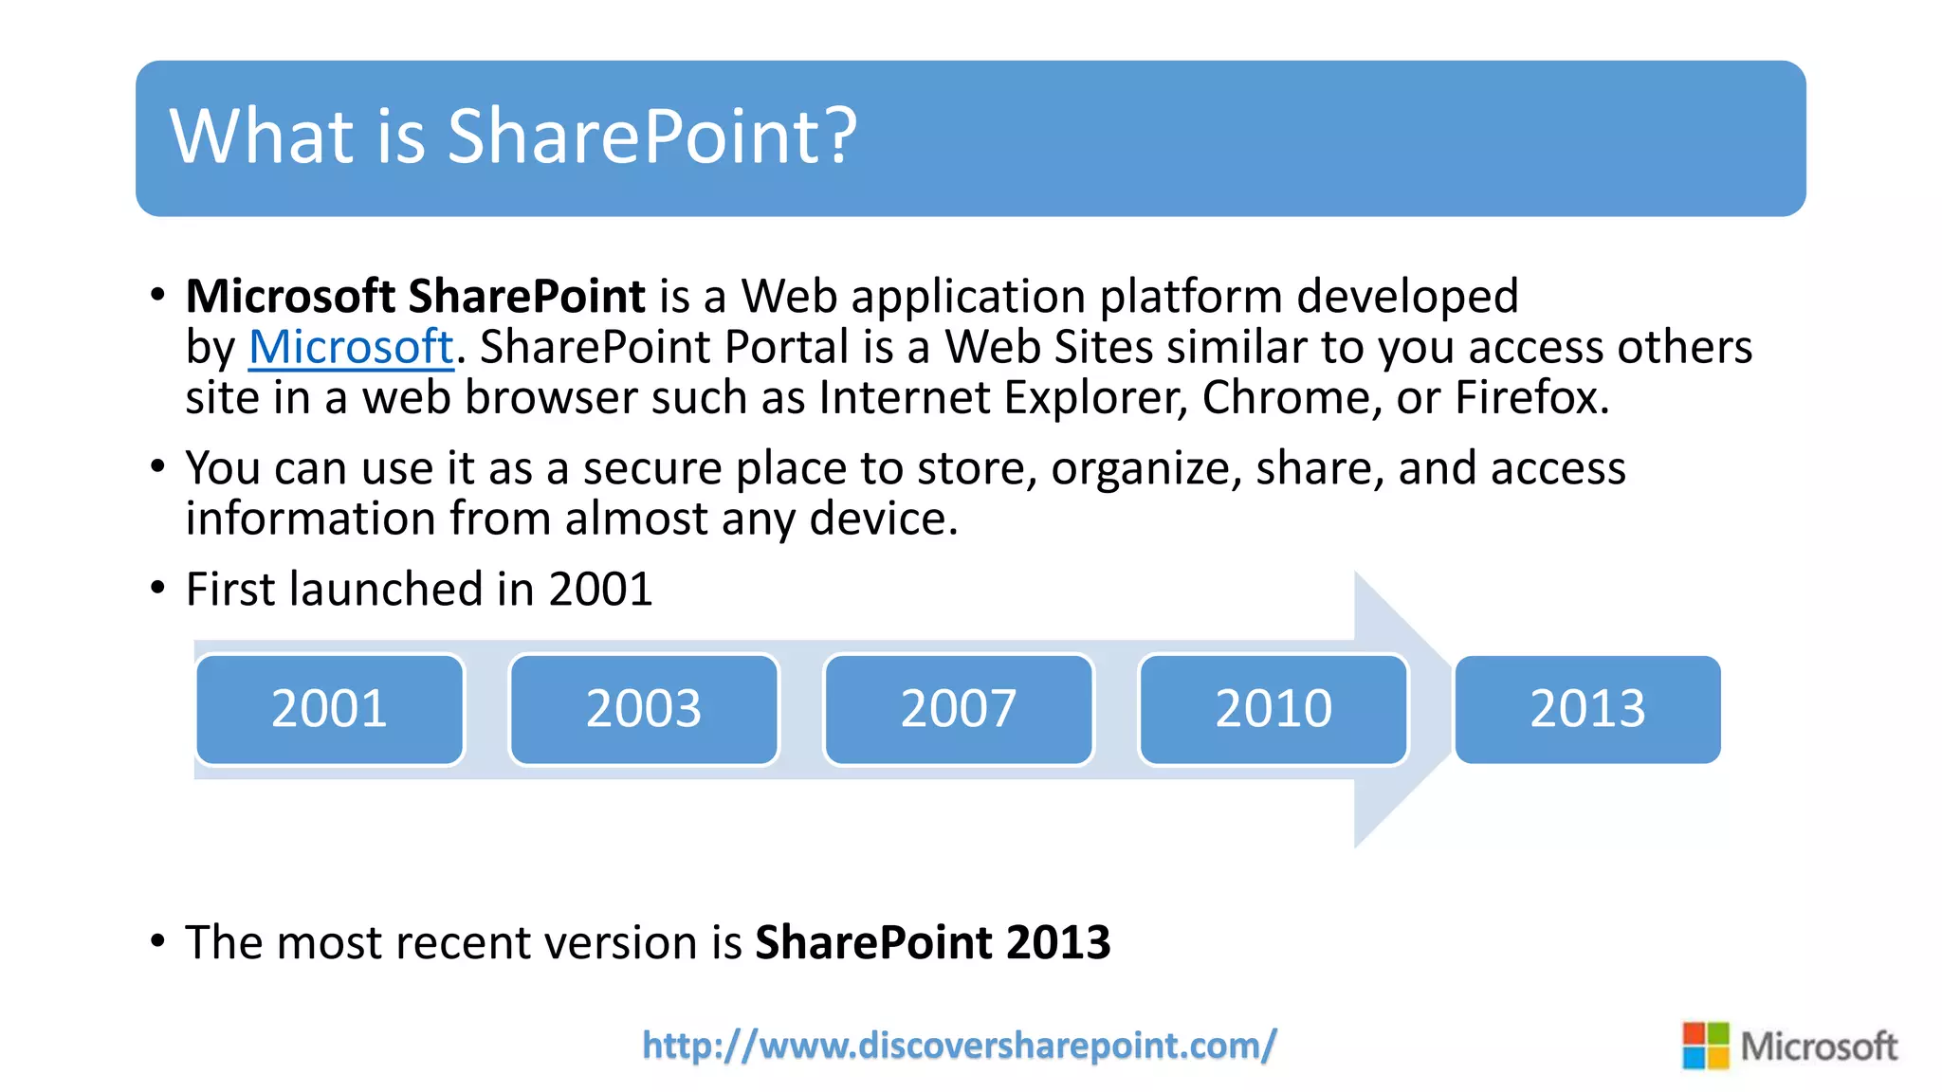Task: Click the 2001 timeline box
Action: (x=329, y=709)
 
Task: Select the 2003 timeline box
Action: (x=644, y=709)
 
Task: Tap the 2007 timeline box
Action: (x=959, y=709)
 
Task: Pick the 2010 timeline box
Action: (x=1273, y=709)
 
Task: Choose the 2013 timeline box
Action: (x=1587, y=709)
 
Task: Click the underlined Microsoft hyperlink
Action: (x=351, y=347)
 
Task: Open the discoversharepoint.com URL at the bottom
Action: (x=959, y=1046)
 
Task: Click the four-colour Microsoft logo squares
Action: (x=1705, y=1046)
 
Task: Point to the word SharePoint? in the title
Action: (x=652, y=136)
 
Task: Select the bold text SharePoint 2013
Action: (x=932, y=942)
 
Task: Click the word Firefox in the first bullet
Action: (x=1530, y=397)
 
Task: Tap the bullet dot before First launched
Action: (x=158, y=589)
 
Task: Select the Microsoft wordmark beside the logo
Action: (x=1819, y=1046)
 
